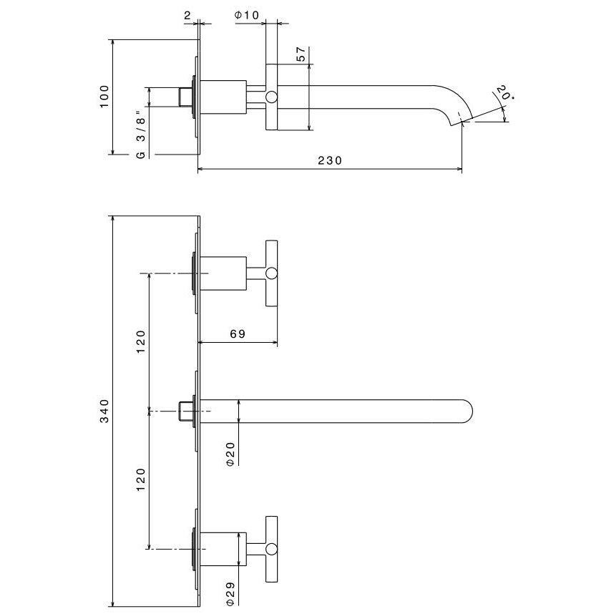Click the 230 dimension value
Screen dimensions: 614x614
[330, 161]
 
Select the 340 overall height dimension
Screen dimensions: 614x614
[104, 410]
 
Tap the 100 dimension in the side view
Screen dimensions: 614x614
[104, 97]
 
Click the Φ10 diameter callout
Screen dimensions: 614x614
[246, 15]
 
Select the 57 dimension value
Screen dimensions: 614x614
[301, 54]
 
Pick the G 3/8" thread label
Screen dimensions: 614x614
[141, 133]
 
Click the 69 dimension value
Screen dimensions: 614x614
[239, 334]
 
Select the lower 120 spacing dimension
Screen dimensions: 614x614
[141, 479]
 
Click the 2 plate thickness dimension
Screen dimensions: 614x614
[187, 15]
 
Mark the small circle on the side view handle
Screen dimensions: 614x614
[272, 97]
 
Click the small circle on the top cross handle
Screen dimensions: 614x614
[272, 273]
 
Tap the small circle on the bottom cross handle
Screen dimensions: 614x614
[272, 549]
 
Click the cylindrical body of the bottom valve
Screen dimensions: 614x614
[223, 549]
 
